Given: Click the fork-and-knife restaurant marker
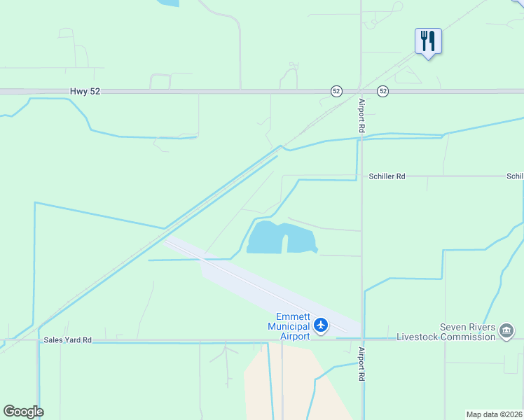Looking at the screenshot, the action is pos(427,41).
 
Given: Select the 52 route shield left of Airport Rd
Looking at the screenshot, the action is pos(336,91).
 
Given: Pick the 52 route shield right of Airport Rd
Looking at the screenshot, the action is pos(382,91).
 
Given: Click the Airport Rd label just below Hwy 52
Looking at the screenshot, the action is pos(362,116).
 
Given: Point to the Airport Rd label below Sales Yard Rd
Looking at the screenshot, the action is pos(362,364).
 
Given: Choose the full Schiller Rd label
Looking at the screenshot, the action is pos(387,176).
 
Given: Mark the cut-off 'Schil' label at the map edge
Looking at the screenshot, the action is pos(515,176).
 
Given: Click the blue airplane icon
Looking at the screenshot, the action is pos(321,325).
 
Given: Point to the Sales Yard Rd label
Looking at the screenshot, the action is pos(67,340).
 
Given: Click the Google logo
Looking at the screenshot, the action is pos(23,412).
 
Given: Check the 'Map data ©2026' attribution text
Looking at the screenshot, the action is pos(494,414).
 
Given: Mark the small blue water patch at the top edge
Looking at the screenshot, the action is pos(168,3).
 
